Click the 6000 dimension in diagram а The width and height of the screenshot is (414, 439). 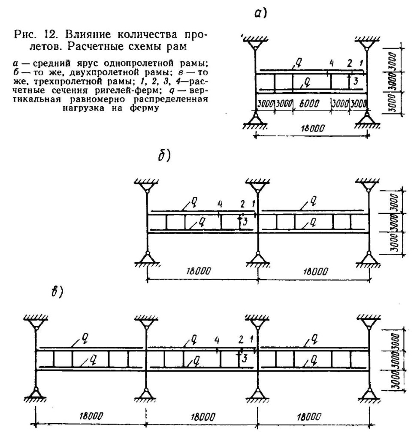click(x=309, y=104)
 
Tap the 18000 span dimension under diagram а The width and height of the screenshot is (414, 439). click(x=312, y=128)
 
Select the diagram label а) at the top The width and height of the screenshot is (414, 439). click(x=260, y=13)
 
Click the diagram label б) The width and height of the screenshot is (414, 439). click(x=164, y=156)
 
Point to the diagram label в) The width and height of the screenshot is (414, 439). click(x=57, y=292)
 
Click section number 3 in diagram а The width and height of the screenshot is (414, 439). click(x=356, y=81)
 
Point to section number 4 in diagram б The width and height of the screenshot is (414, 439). click(x=220, y=204)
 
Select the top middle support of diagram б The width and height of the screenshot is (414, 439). click(x=257, y=185)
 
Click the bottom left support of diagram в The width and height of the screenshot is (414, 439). click(x=36, y=395)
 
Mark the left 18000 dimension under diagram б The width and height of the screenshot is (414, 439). click(x=199, y=271)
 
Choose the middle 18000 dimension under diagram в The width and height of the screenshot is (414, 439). click(x=203, y=417)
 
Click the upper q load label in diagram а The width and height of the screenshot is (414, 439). click(x=299, y=64)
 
